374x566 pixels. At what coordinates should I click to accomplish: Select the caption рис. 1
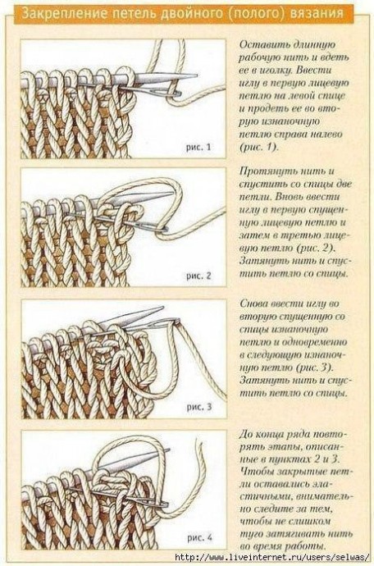point(198,148)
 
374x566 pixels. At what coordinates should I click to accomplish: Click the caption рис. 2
point(198,276)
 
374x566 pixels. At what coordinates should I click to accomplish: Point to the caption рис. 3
point(199,407)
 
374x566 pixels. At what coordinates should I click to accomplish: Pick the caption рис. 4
point(199,537)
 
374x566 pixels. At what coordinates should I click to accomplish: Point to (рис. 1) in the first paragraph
point(259,148)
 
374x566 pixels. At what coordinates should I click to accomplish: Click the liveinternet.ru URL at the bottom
point(272,557)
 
